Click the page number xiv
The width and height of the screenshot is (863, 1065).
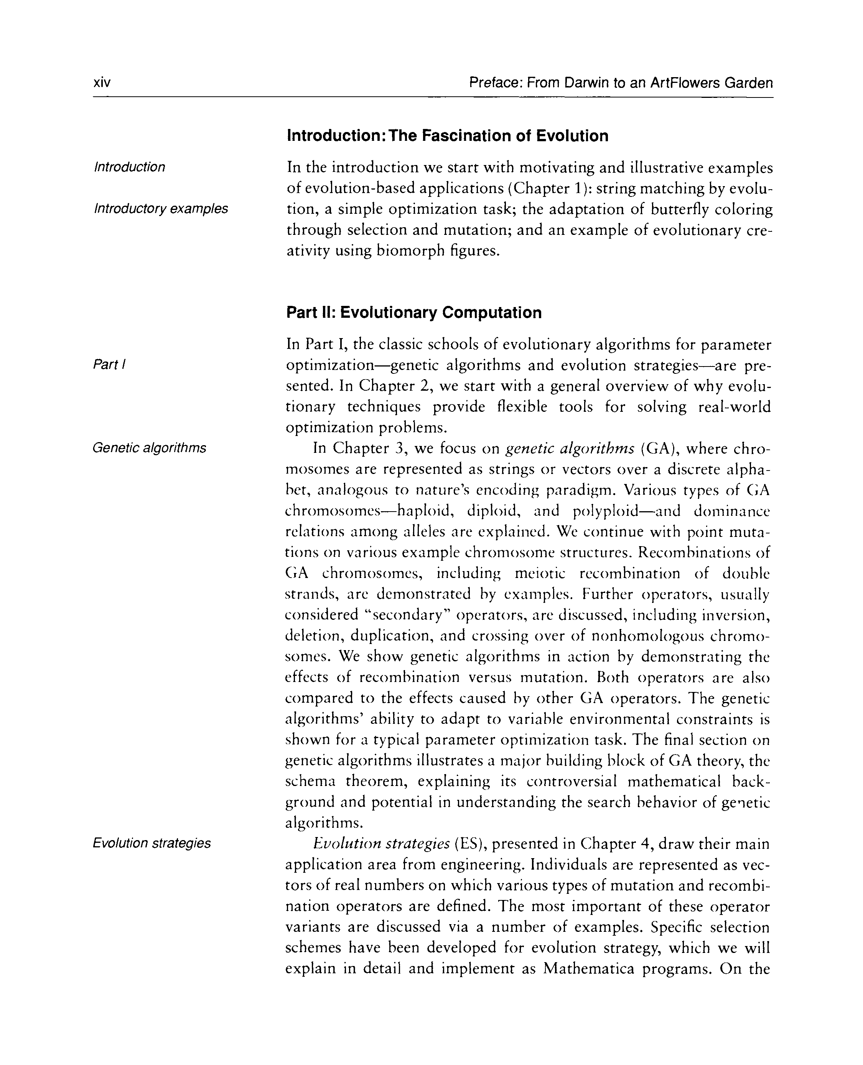102,82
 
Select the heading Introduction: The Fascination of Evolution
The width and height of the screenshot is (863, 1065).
447,136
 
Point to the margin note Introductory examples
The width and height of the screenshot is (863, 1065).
161,208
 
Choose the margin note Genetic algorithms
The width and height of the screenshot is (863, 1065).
149,448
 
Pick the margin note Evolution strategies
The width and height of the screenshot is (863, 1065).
152,843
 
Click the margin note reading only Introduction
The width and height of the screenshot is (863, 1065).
129,167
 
